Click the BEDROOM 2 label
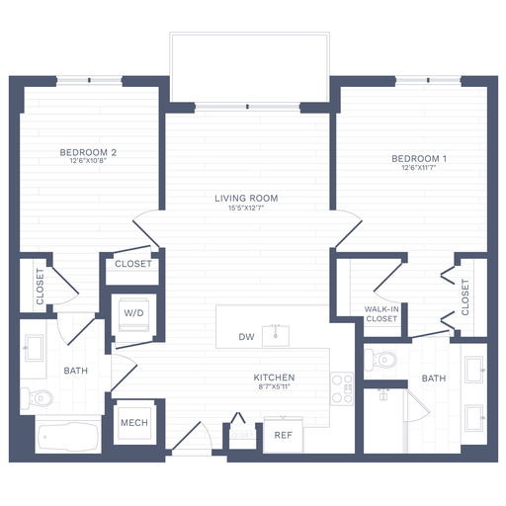[x=89, y=152]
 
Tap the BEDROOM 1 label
[x=420, y=159]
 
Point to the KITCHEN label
[x=274, y=378]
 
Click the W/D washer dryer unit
[x=133, y=313]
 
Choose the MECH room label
[x=133, y=423]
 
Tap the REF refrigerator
[x=283, y=434]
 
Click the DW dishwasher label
[x=247, y=337]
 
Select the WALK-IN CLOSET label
[x=381, y=314]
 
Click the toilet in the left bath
[x=41, y=399]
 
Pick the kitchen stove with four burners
[x=343, y=387]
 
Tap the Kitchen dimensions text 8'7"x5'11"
[x=274, y=388]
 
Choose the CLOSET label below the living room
[x=133, y=264]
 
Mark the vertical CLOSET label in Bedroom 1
[x=464, y=296]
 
